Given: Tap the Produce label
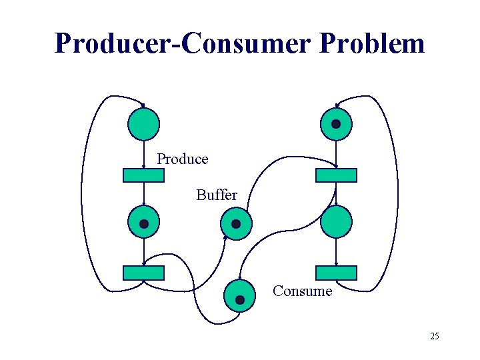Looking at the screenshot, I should [x=183, y=159].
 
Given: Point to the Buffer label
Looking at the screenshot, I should [x=217, y=195].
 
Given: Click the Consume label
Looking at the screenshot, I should [x=302, y=291].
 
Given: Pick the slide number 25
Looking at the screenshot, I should [x=434, y=336].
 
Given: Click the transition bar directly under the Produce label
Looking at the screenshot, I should [x=143, y=175].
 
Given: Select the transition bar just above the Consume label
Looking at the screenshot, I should [x=336, y=273].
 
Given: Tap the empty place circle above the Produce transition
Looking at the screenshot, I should [x=143, y=124].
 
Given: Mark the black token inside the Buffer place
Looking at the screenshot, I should [x=235, y=225].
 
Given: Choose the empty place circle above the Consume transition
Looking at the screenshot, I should [x=336, y=222].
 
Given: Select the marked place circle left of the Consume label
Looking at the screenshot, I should [x=240, y=296].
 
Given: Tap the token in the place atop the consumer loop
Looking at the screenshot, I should [x=336, y=124].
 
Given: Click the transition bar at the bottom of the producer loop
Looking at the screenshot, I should [x=143, y=273].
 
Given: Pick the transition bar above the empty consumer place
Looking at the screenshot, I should [x=336, y=175].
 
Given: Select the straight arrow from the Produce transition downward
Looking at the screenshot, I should [x=143, y=194].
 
